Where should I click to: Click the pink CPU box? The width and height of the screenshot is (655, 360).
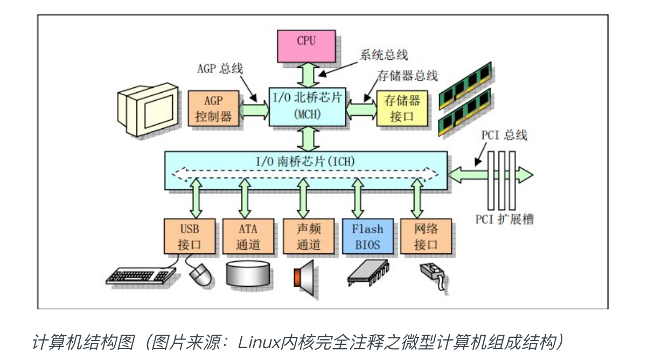click(x=306, y=45)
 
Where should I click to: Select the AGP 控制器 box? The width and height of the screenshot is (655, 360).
click(x=213, y=109)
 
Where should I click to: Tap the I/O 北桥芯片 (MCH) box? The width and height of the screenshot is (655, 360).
click(x=307, y=106)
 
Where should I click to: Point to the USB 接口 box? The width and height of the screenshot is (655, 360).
click(x=190, y=236)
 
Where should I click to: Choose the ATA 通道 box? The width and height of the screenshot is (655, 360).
click(x=248, y=236)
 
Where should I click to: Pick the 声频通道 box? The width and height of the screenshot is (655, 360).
click(x=309, y=236)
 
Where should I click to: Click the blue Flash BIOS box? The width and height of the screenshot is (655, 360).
click(x=367, y=236)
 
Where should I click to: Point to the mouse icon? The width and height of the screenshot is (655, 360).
click(x=201, y=275)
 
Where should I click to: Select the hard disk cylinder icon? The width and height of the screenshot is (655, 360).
click(x=248, y=273)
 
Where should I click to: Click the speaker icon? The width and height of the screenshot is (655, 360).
click(x=305, y=275)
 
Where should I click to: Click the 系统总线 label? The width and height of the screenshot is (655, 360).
click(x=384, y=54)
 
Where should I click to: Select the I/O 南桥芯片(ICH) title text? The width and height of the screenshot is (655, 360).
click(x=305, y=160)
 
